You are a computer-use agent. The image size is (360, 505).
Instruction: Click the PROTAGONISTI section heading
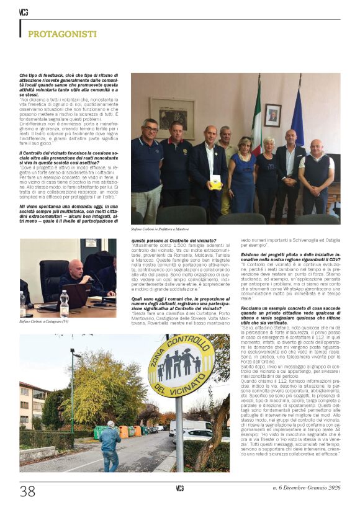[62, 34]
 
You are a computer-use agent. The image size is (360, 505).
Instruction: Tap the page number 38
[27, 491]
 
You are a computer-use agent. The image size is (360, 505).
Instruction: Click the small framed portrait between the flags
[272, 115]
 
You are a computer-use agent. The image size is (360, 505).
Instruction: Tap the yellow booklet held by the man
[215, 181]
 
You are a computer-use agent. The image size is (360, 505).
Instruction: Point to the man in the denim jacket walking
[110, 445]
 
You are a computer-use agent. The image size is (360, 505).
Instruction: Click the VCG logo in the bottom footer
[179, 488]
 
